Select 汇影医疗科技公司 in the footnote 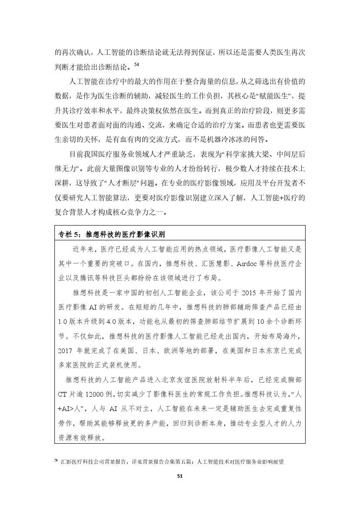pyautogui.click(x=81, y=461)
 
